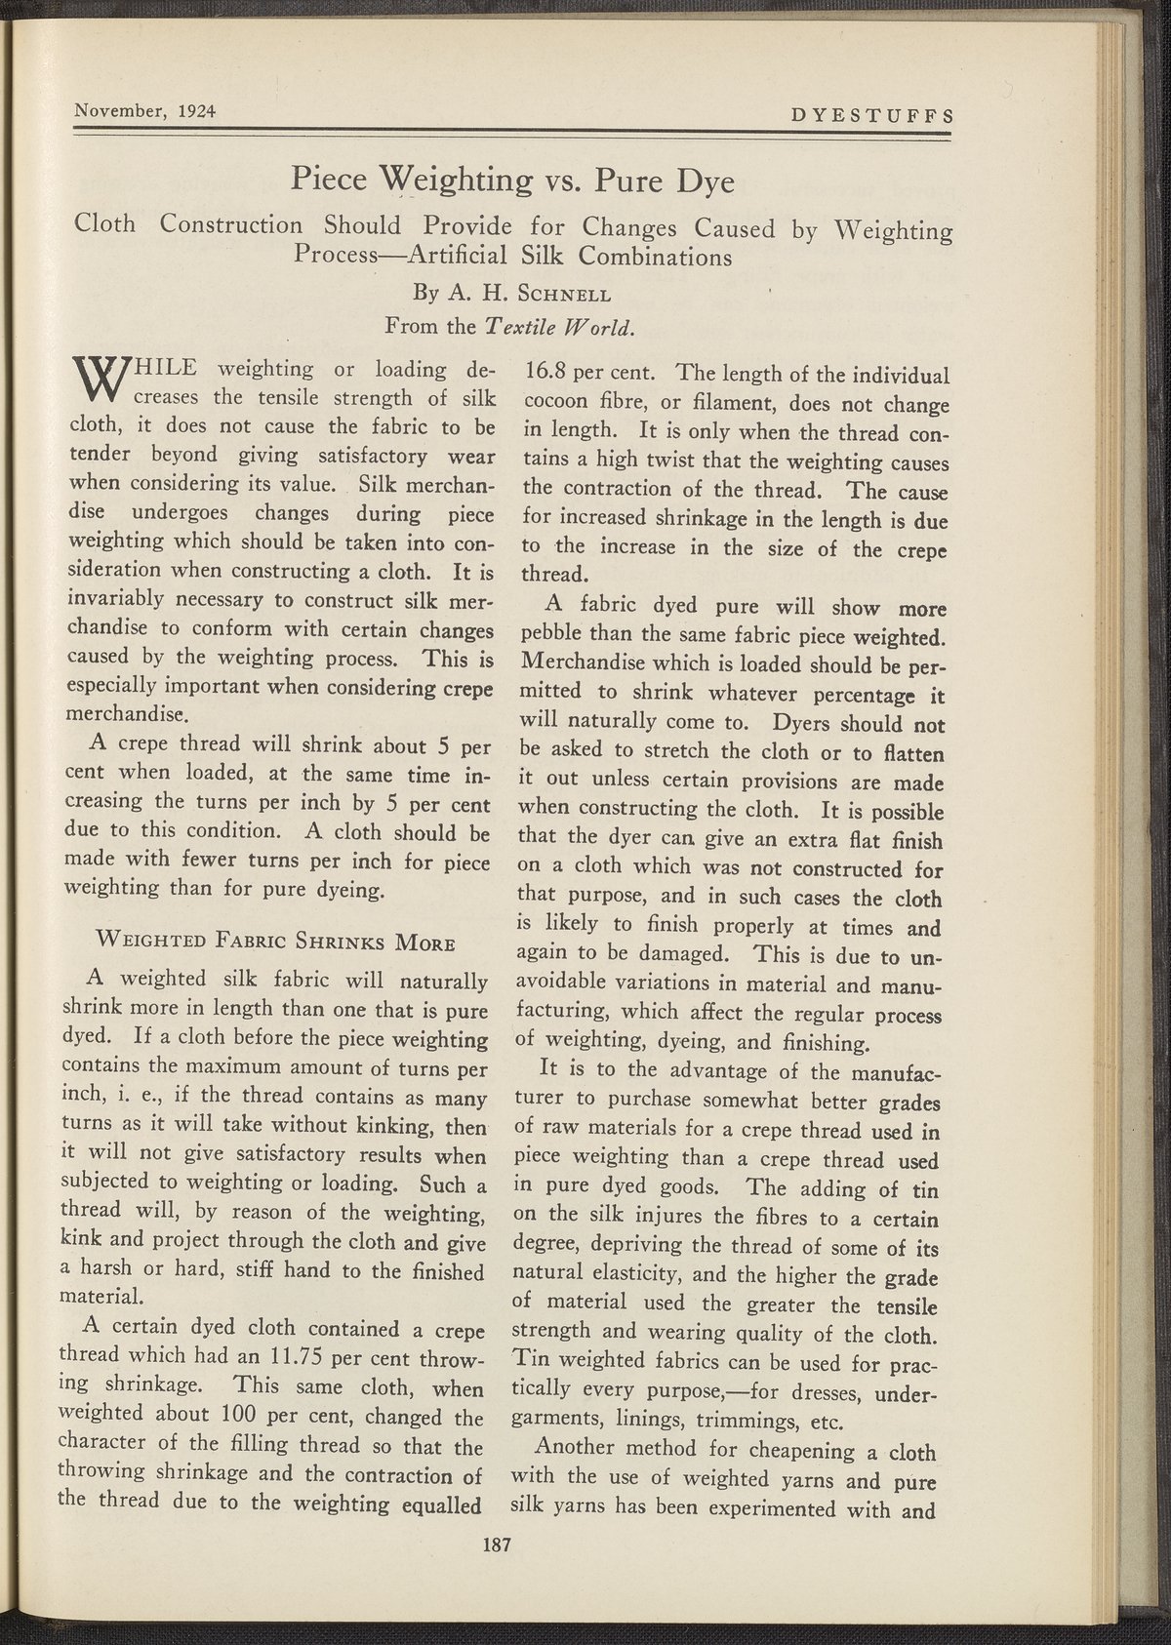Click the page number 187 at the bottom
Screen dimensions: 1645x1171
pos(498,1544)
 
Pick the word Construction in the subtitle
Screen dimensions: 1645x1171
pos(232,225)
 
